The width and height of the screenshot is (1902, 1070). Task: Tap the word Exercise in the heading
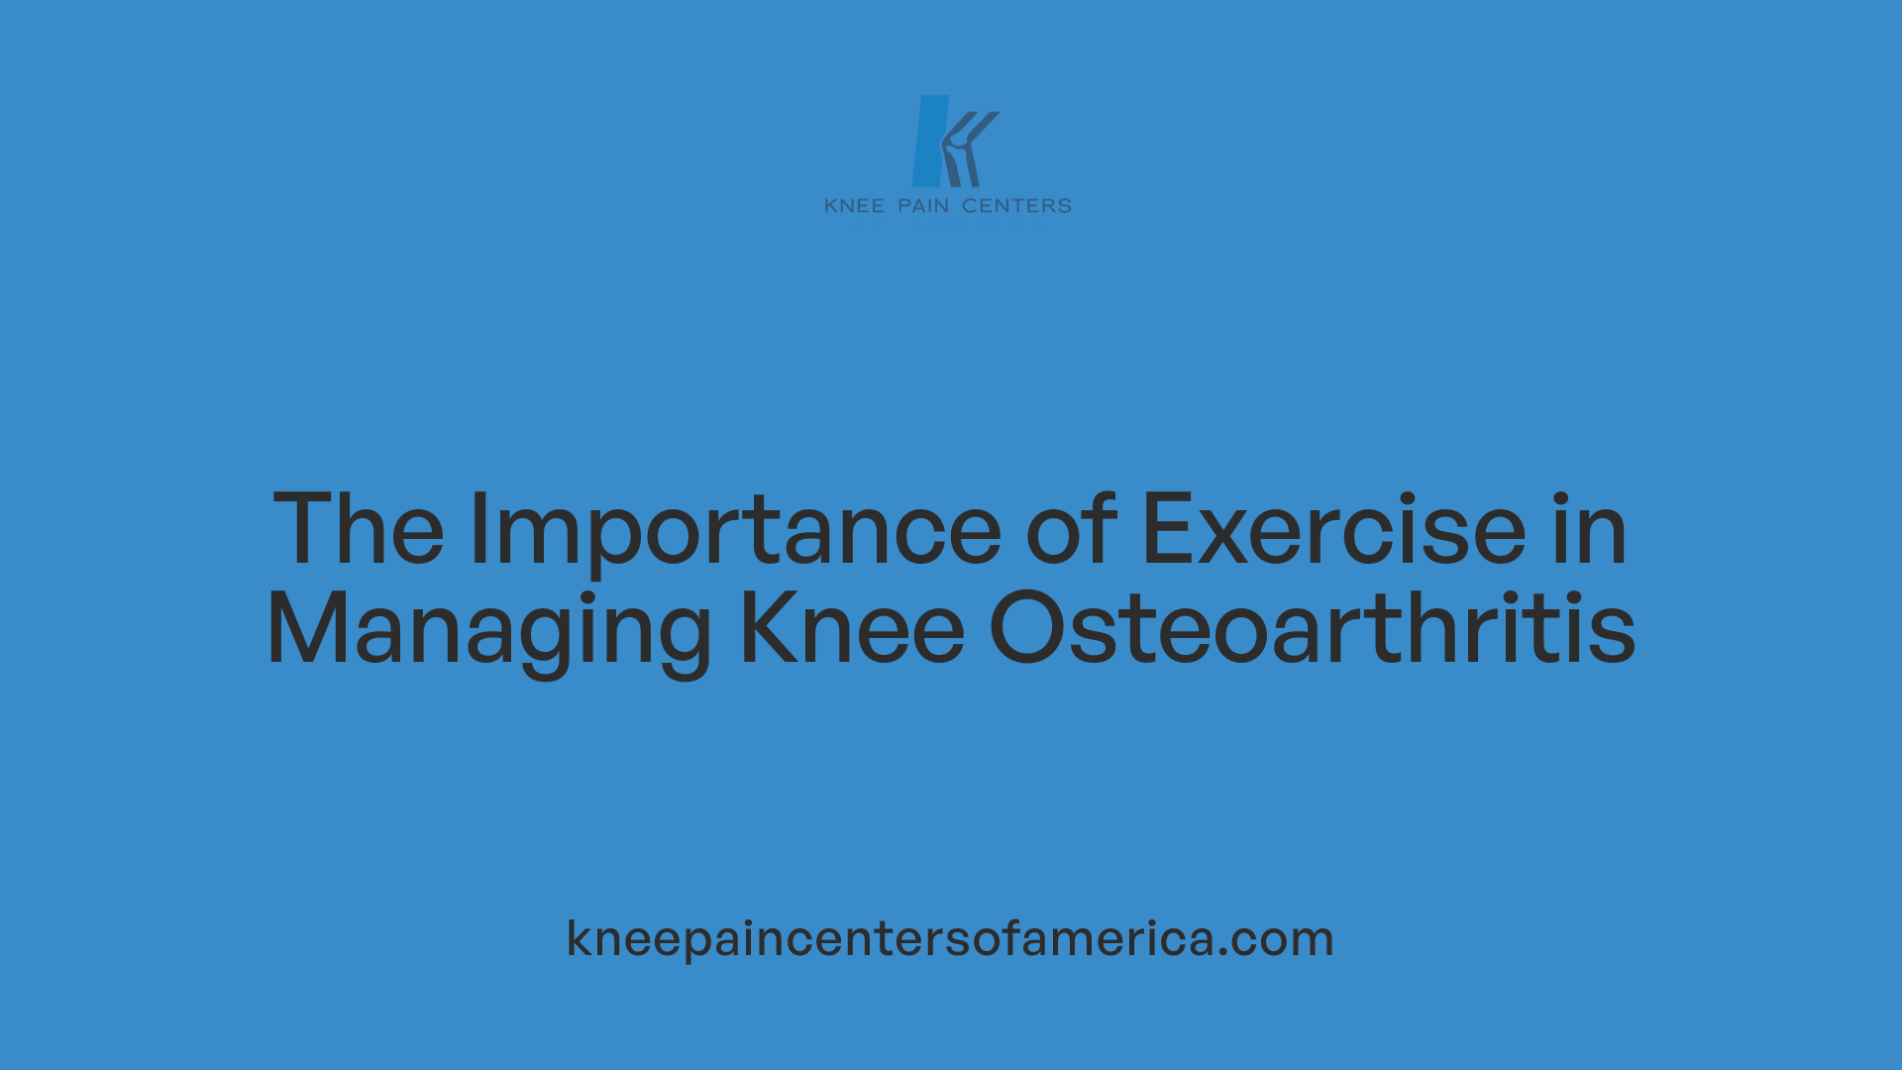pos(1333,530)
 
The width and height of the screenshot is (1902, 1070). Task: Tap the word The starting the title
pos(359,530)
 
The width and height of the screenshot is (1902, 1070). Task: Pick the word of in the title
pos(1071,530)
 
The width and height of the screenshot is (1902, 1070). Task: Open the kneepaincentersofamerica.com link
pos(950,938)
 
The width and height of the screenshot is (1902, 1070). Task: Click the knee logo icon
pos(952,141)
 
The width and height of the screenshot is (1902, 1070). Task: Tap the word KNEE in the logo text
pos(854,206)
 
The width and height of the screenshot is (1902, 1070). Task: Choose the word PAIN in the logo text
pos(923,206)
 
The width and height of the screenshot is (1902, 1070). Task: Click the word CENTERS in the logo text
pos(1016,206)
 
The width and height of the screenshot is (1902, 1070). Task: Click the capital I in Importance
pos(479,530)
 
